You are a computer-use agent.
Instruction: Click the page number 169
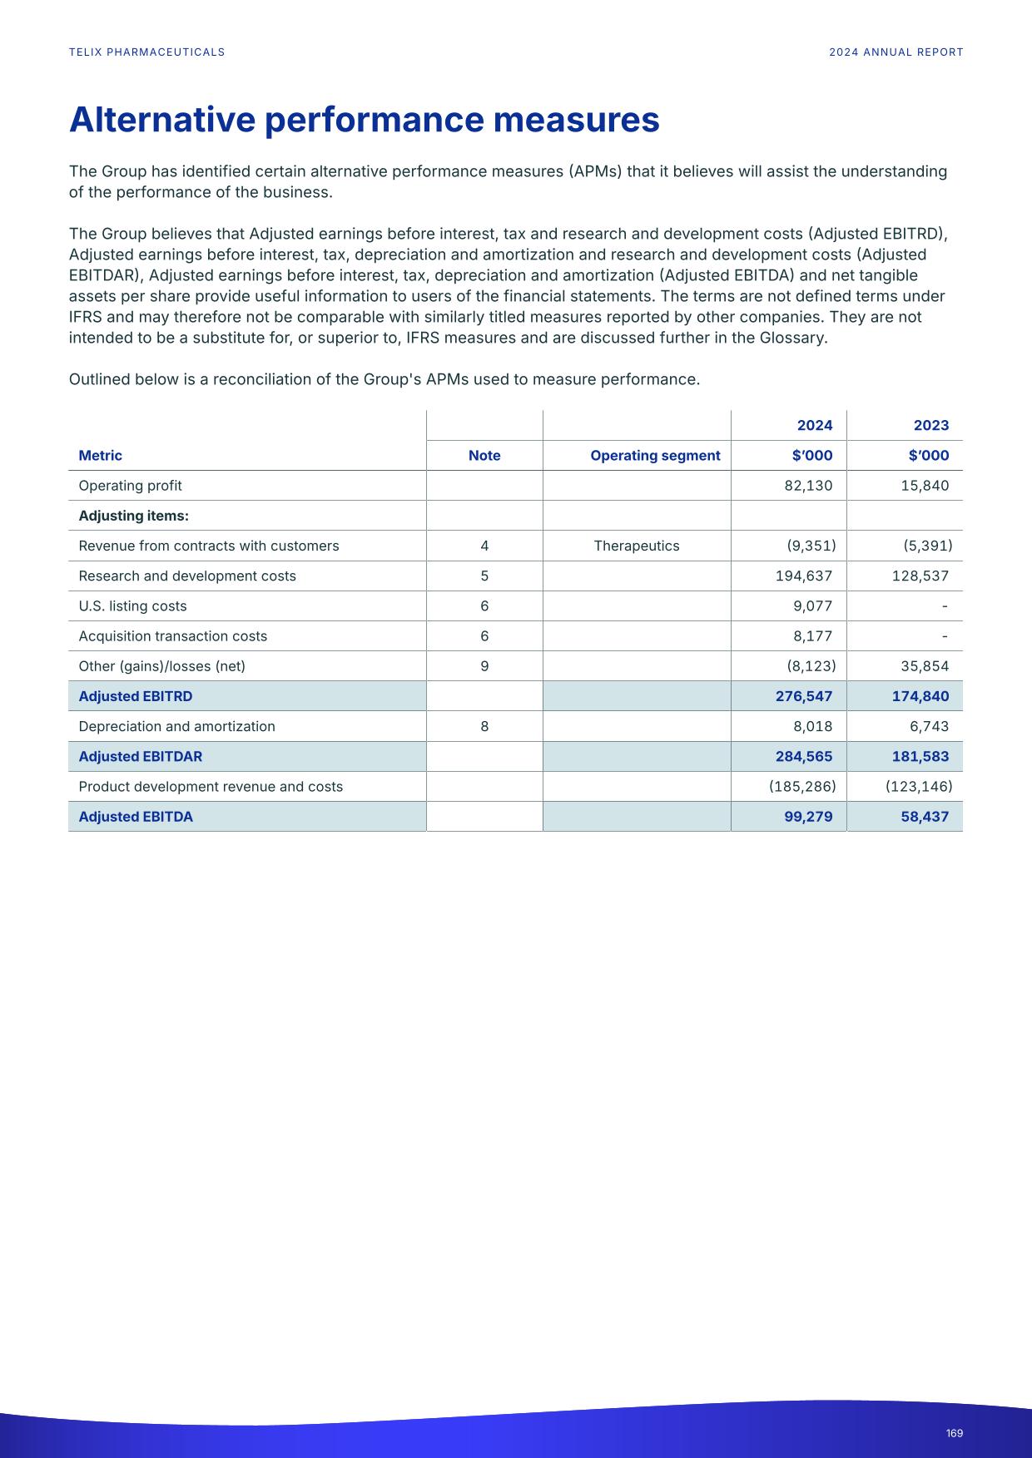tap(954, 1433)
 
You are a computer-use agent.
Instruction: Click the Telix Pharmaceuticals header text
tap(146, 52)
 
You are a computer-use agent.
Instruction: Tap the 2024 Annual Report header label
tap(896, 52)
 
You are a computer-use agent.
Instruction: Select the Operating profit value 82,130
tap(807, 486)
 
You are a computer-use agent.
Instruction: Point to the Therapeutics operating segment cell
tap(637, 546)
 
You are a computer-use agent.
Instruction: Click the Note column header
tap(484, 456)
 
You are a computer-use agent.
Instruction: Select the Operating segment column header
tap(655, 456)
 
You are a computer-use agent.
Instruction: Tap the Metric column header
tap(100, 456)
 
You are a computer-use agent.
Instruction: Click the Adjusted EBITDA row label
tap(136, 817)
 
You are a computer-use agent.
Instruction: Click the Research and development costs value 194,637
tap(803, 576)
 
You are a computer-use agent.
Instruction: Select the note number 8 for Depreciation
tap(484, 727)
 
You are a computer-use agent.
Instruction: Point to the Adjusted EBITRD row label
tap(135, 696)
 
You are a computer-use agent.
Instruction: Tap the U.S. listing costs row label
tap(132, 606)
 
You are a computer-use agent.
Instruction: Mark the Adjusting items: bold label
tap(133, 516)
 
